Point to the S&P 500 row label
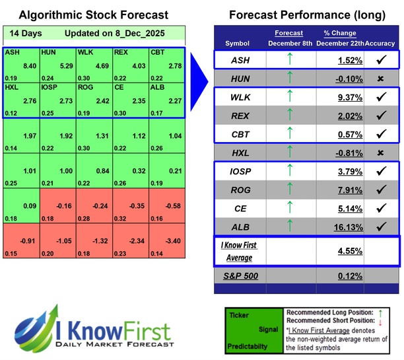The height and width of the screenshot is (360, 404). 242,275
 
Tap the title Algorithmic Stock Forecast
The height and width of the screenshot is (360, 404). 93,15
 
